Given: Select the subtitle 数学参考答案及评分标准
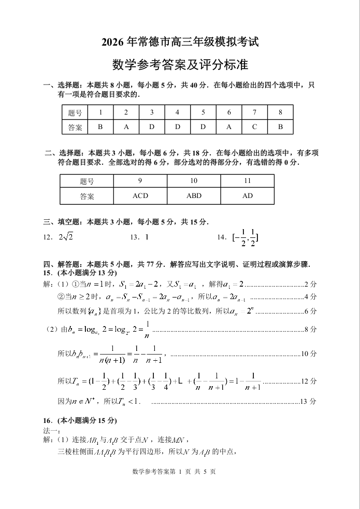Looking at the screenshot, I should [x=180, y=65].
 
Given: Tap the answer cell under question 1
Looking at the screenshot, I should [x=100, y=127].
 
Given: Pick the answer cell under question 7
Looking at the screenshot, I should [x=254, y=127].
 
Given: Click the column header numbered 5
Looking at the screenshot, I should [x=203, y=112].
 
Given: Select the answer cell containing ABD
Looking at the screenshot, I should [x=194, y=196].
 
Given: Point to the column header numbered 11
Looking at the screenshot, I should [x=247, y=181].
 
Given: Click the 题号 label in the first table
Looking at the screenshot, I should [x=75, y=112].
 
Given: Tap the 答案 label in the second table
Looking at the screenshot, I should [x=87, y=196].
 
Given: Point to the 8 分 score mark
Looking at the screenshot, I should [x=310, y=329].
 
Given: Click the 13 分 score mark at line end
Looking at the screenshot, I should [x=308, y=401].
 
